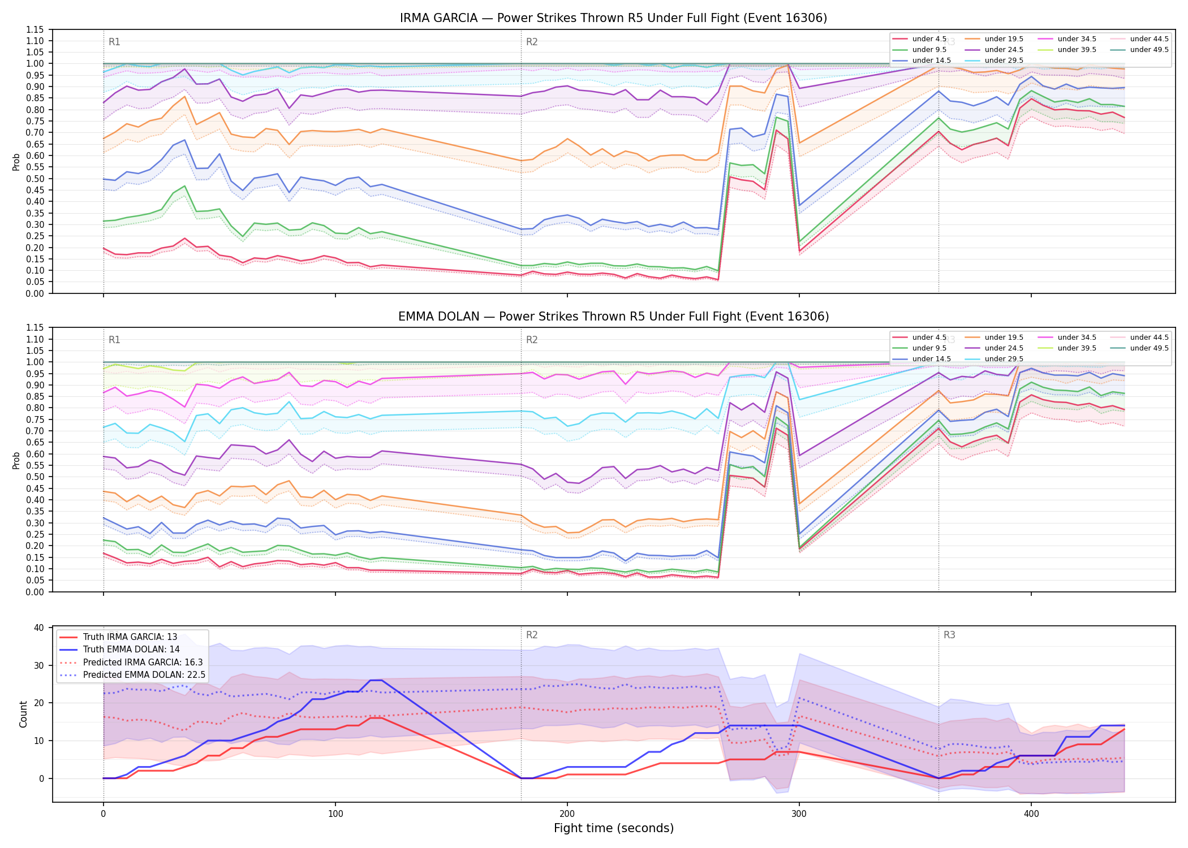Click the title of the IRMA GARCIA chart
(613, 18)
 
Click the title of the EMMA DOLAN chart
(613, 317)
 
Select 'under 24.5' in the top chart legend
(1004, 50)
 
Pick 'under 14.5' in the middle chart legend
(931, 359)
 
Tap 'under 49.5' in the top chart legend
(1149, 50)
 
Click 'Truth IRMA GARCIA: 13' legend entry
(130, 637)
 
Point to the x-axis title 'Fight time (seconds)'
(614, 828)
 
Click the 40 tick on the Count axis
(39, 628)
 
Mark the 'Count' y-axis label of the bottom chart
(23, 715)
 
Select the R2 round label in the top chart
(532, 42)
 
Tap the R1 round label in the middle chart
(114, 340)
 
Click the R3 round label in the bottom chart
(949, 635)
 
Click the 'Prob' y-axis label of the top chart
(16, 162)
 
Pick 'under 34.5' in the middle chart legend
(1077, 338)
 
